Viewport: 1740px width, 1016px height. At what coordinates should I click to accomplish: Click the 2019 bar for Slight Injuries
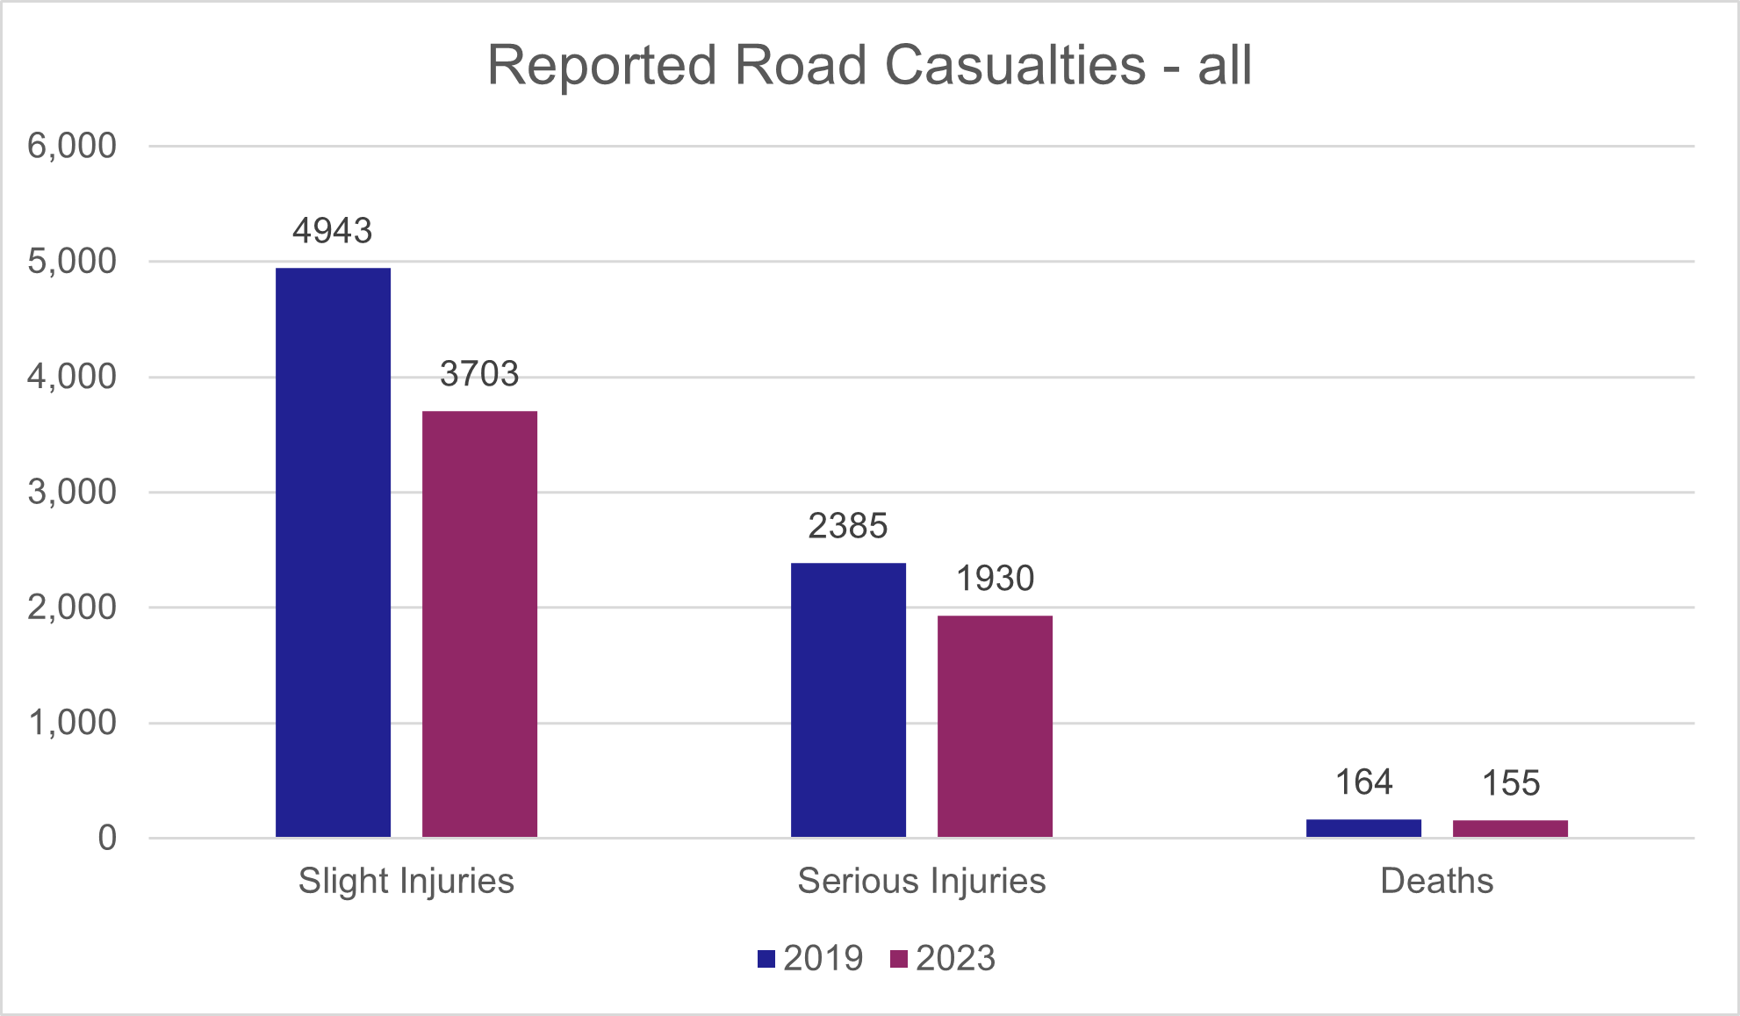333,552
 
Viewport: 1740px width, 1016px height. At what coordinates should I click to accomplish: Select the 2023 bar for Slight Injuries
479,623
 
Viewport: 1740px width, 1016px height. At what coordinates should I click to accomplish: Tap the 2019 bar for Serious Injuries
848,700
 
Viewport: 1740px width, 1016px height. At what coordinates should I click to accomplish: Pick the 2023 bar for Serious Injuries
995,726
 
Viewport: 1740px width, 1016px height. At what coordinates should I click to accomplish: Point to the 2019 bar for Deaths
1363,828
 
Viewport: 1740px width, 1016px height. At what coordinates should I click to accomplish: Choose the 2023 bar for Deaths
1510,828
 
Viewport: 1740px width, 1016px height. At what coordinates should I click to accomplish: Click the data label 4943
333,231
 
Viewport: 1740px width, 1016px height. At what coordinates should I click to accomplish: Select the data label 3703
479,374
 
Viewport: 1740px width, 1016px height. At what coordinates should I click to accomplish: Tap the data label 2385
848,526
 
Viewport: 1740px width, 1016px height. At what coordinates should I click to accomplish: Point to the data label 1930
995,579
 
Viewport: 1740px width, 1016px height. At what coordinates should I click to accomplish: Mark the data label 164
1363,782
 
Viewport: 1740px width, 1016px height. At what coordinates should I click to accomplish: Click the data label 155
1510,783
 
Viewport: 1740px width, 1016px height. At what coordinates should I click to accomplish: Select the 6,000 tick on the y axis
72,146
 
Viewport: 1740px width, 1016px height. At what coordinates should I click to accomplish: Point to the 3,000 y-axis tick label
72,492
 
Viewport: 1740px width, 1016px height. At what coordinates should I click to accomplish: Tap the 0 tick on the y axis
107,838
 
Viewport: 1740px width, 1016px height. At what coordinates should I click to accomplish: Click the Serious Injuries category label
922,881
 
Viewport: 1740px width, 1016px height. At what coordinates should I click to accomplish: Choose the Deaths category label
1436,881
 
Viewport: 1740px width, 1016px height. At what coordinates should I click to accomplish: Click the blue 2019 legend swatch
766,959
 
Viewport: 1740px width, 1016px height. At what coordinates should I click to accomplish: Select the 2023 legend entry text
955,958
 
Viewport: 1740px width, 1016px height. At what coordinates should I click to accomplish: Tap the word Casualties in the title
1015,65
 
